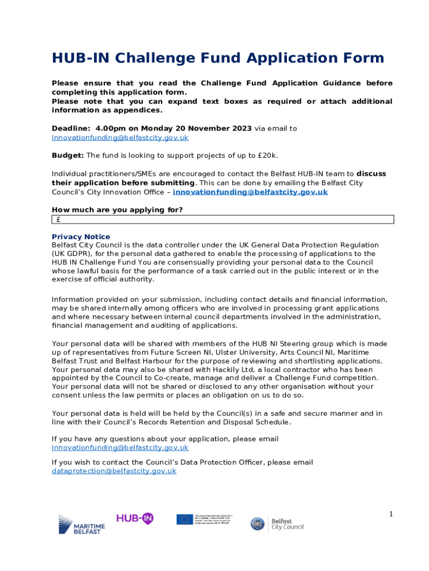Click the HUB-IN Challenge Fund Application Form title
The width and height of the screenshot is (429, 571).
(x=218, y=58)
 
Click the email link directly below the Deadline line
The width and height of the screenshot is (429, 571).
(x=120, y=137)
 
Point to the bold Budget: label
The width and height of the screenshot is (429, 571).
(x=67, y=155)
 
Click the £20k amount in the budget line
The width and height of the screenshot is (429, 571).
(x=267, y=155)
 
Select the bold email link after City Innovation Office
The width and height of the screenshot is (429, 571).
(x=250, y=192)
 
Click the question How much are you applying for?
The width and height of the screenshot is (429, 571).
(x=117, y=210)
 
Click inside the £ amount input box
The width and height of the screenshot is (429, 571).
(x=223, y=219)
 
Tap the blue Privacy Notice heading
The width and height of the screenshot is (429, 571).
(x=81, y=236)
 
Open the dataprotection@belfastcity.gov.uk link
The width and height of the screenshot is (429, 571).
(x=114, y=471)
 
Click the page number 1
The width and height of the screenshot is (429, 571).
(x=391, y=514)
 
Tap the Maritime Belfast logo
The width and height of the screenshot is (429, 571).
(x=81, y=525)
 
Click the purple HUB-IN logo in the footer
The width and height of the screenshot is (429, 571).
(x=134, y=518)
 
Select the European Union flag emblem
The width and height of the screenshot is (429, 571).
(x=184, y=519)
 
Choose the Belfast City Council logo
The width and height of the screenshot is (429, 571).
(x=277, y=524)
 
